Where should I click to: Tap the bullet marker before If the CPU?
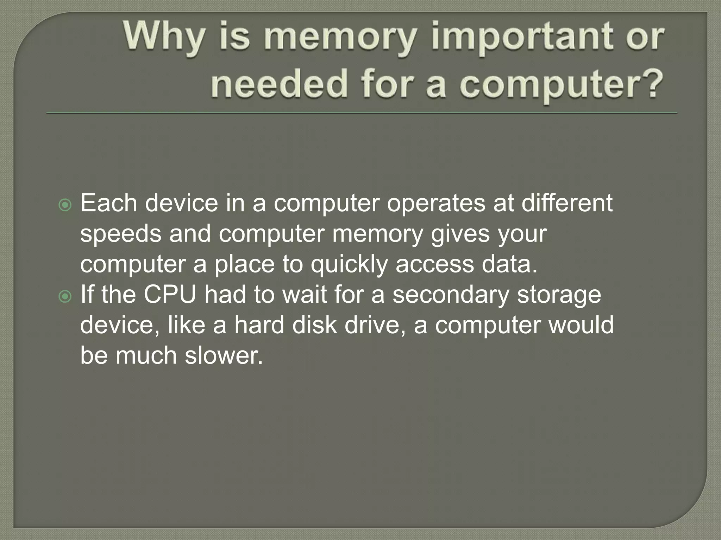pyautogui.click(x=65, y=297)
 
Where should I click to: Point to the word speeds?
pyautogui.click(x=120, y=234)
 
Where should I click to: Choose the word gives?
pyautogui.click(x=460, y=234)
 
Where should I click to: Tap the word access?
pyautogui.click(x=435, y=264)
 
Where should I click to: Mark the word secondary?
pyautogui.click(x=451, y=295)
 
